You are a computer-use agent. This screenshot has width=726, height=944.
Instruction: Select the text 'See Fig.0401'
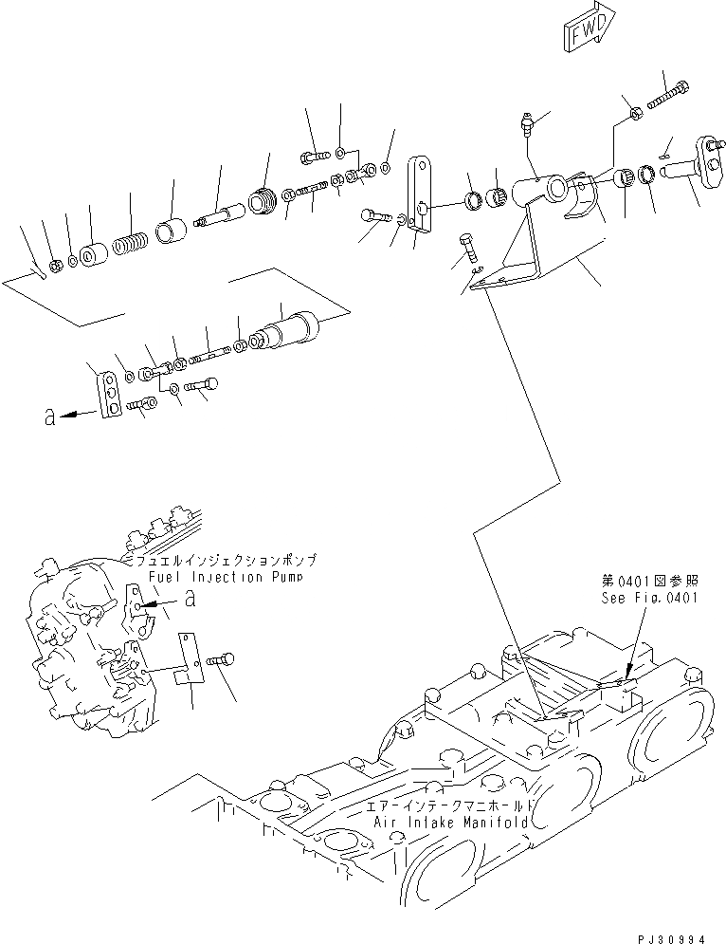649,598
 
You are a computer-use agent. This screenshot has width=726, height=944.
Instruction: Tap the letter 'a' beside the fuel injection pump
190,599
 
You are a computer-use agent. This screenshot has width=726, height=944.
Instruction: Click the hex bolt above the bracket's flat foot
468,249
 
